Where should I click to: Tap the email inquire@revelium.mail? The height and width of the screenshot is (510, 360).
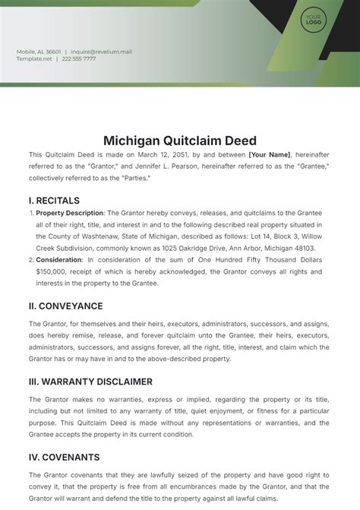(101, 52)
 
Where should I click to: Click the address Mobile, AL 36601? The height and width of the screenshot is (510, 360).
(39, 52)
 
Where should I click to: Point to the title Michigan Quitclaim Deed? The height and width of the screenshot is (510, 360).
(180, 141)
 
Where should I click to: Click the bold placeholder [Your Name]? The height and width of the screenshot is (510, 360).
(270, 154)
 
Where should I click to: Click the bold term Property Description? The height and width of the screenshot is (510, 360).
(70, 214)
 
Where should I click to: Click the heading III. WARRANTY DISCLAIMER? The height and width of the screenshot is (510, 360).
(90, 381)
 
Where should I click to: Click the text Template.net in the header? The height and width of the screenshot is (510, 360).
(34, 59)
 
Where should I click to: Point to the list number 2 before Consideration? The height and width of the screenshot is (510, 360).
(30, 260)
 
